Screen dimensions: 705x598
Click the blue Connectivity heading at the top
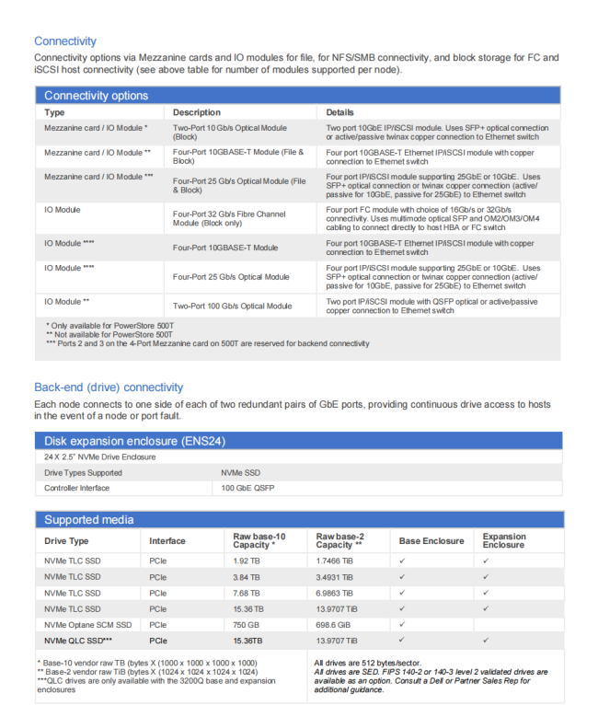(65, 40)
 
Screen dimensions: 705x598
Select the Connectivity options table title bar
(96, 95)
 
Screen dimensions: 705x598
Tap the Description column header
(196, 112)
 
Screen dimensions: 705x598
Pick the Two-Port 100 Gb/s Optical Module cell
(232, 306)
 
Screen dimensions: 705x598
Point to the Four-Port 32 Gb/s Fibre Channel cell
(229, 218)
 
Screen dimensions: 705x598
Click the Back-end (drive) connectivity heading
(109, 387)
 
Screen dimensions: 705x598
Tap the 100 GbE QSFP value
(246, 488)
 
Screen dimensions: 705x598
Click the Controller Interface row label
(76, 488)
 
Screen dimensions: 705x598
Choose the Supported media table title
(88, 520)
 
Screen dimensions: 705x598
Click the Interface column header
(167, 541)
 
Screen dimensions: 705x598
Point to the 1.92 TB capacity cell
(247, 561)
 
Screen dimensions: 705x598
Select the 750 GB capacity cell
(247, 624)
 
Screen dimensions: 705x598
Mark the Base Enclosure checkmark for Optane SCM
(402, 624)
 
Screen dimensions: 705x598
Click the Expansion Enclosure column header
(504, 541)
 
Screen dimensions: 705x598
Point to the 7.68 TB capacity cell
(247, 593)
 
